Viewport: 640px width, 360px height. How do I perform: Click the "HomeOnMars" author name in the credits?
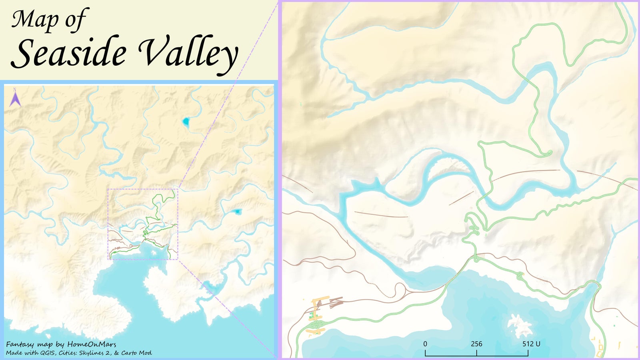pyautogui.click(x=91, y=344)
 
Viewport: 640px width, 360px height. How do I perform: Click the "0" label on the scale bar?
pyautogui.click(x=425, y=344)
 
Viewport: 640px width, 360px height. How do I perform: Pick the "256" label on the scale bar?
pyautogui.click(x=476, y=344)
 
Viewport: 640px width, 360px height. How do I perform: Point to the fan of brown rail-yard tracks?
pyautogui.click(x=332, y=303)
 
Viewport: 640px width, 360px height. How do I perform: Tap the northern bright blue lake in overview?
pyautogui.click(x=186, y=122)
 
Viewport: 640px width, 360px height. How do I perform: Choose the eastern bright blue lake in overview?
pyautogui.click(x=238, y=211)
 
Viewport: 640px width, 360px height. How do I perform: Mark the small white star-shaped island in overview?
pyautogui.click(x=154, y=252)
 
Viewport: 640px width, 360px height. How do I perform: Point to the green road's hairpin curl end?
pyautogui.click(x=549, y=153)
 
